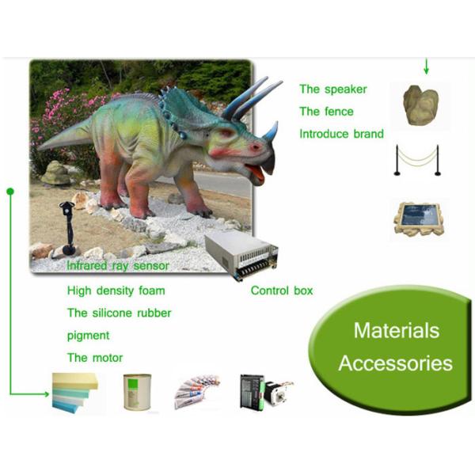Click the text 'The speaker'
tap(332, 89)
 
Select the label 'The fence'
tap(326, 112)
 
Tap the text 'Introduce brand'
tap(341, 134)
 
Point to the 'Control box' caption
tap(282, 291)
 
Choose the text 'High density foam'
tap(116, 291)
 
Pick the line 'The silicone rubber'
tap(119, 313)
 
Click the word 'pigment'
tap(89, 335)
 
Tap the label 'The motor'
tap(95, 358)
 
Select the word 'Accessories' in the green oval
tap(396, 363)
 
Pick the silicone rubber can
tap(135, 391)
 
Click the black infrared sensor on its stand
tap(68, 226)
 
